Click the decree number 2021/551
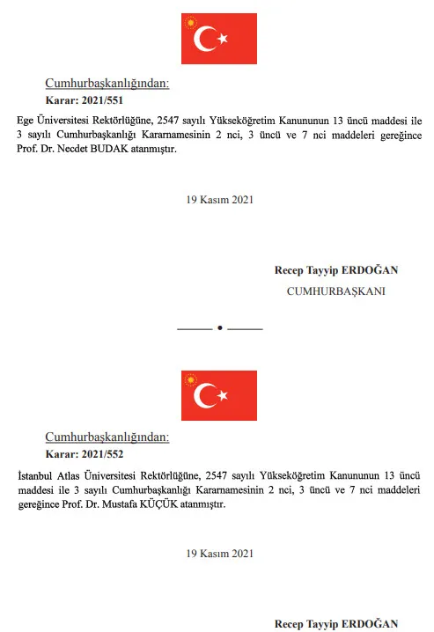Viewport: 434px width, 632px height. [x=104, y=100]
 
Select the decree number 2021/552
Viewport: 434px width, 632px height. [x=104, y=454]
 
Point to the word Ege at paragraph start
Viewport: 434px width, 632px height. [x=26, y=118]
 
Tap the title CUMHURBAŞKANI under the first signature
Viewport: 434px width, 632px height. [x=336, y=290]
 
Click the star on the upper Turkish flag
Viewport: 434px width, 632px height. [x=224, y=39]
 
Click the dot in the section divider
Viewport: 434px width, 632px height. [x=219, y=327]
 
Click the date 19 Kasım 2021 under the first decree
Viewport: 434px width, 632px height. [x=219, y=200]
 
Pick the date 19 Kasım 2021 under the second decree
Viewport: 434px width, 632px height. [x=219, y=554]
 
